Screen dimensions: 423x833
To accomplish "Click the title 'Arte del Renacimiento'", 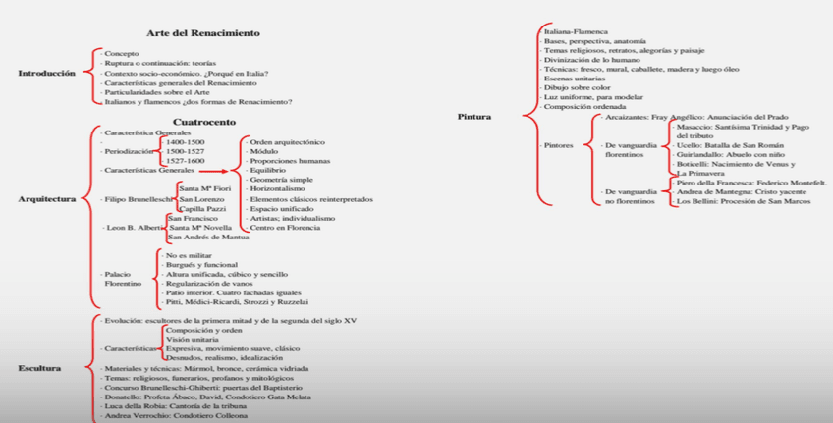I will point(203,33).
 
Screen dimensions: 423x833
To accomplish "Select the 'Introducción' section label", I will point(45,74).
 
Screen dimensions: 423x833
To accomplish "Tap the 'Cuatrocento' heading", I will point(204,122).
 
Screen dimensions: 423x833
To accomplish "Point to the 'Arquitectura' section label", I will point(46,199).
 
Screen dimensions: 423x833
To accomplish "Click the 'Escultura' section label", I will point(39,368).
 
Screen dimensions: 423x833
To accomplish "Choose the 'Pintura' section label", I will point(474,117).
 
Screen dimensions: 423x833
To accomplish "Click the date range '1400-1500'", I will point(185,142).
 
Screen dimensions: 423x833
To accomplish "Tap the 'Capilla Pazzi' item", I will point(202,209).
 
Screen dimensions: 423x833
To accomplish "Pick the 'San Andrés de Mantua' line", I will point(208,238).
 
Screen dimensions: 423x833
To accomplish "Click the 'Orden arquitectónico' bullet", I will point(287,142).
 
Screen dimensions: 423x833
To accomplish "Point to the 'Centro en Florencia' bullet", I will point(285,228).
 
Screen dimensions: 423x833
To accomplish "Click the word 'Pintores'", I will point(558,145).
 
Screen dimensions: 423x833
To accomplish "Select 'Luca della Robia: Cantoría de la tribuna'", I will point(176,406).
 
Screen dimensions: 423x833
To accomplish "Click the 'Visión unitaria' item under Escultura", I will point(192,340).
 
